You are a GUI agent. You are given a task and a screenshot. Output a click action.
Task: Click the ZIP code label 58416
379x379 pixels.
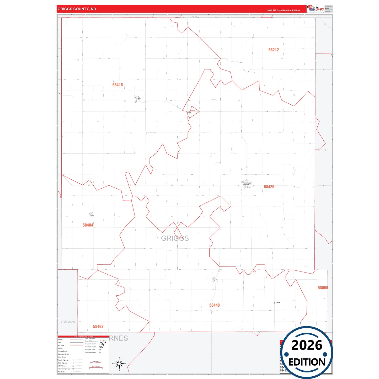tap(118, 85)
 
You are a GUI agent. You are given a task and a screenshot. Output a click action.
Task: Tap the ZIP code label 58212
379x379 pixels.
tap(273, 50)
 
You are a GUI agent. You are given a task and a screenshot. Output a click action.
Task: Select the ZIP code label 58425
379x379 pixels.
tap(269, 187)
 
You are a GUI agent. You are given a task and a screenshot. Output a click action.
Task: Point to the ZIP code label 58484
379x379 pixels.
tap(88, 225)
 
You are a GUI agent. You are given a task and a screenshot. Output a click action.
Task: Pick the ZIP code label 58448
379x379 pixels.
tap(214, 305)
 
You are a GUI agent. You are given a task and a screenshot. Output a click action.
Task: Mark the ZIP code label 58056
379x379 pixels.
tap(323, 288)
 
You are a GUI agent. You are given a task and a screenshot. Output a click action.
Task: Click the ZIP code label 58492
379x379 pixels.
tap(98, 327)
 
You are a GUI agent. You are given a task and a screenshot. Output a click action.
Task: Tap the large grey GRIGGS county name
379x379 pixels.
tap(175, 238)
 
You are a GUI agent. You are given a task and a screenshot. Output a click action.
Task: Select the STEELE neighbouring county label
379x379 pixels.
tap(323, 150)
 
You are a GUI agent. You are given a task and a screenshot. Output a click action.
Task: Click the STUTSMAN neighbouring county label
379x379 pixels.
tap(68, 322)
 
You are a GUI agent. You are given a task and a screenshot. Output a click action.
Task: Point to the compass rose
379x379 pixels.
tap(119, 364)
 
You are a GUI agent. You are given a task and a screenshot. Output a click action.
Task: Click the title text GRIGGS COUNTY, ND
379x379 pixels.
tap(77, 9)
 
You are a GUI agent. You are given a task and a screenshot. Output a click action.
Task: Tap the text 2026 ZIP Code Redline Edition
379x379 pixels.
tap(283, 10)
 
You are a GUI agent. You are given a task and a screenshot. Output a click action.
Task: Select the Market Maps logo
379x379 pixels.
tap(316, 8)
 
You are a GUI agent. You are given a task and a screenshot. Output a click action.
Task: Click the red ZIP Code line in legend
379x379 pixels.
tap(77, 345)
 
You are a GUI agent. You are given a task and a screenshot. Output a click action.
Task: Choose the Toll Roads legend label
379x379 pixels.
tap(61, 372)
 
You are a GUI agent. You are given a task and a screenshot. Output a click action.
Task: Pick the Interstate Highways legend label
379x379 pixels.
tap(64, 369)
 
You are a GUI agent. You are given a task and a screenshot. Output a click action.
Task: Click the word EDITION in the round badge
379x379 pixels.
tap(307, 362)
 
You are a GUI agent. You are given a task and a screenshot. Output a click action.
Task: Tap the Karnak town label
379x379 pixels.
tap(278, 302)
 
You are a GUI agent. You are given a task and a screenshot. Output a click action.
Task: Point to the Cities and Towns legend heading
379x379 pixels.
tap(90, 338)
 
